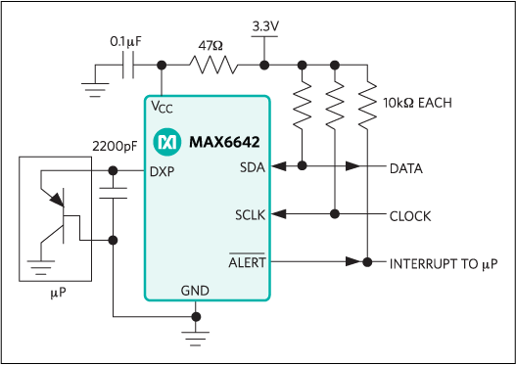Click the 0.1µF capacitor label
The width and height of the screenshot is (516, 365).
coord(128,42)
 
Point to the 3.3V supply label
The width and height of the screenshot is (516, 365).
coord(265,23)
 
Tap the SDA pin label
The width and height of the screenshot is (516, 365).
coord(251,167)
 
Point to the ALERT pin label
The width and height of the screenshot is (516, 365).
coord(246,262)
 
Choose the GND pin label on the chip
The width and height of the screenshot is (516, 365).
coord(196,291)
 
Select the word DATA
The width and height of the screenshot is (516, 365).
coord(406,168)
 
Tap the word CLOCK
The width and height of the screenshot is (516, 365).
coord(410,215)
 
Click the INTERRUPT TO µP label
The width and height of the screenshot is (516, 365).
coord(444,263)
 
